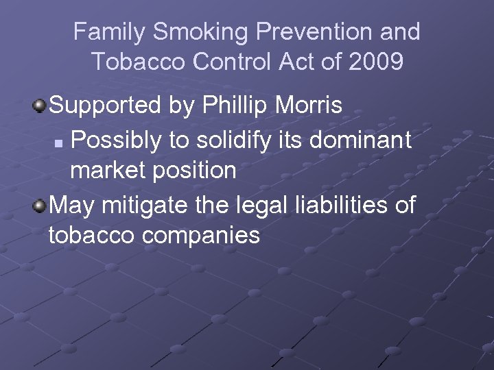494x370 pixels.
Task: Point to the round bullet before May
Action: tap(41, 204)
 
